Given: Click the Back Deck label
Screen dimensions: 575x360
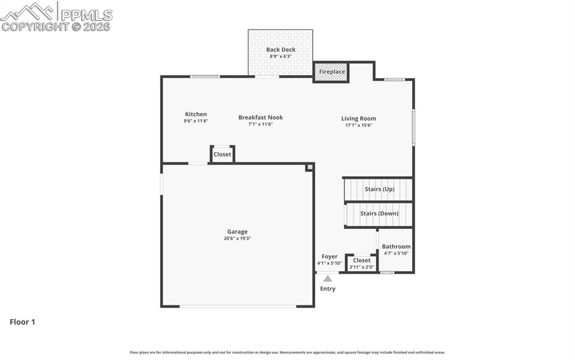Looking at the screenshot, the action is coord(281,49).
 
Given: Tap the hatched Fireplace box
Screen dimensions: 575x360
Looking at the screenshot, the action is coord(331,72).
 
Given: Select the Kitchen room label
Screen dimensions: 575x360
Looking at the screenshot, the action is coord(196,114).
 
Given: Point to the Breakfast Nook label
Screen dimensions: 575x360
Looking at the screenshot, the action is coord(261,117).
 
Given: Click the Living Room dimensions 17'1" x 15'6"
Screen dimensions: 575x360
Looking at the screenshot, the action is coord(359,125).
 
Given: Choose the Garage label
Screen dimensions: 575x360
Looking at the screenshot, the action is coord(238,232).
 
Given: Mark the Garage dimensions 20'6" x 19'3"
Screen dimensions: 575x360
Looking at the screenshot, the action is coord(238,239).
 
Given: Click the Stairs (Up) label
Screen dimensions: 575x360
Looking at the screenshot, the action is coord(380,189).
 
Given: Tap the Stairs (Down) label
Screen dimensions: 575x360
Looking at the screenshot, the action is coord(379,213).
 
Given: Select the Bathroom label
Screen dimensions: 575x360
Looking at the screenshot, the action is coord(396,247).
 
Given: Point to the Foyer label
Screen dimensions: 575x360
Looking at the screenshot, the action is coord(329,257).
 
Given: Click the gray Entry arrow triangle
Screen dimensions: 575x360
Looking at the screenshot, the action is coord(327,279).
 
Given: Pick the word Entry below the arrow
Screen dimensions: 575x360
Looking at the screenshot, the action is coord(327,289).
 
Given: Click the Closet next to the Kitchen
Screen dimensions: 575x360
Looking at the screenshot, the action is coord(222,154).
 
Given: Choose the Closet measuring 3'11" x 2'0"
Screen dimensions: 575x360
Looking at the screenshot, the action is coord(362,263).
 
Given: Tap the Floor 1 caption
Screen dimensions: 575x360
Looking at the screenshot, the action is coord(22,322).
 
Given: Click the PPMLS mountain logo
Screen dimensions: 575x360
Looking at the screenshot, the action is coord(27,11).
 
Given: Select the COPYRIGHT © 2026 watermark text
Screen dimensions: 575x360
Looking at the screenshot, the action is coord(56,27).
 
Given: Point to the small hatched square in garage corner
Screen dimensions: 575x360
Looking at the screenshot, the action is coord(310,167).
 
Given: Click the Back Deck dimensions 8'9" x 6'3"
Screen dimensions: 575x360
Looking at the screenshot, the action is coord(281,57).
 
